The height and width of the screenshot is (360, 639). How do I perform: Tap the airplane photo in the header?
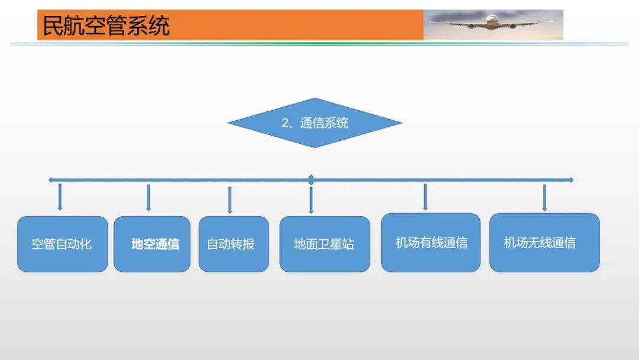[x=493, y=25]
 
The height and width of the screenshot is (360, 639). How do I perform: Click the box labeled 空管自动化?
[x=62, y=244]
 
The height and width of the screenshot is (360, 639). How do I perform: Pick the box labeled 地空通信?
[x=152, y=244]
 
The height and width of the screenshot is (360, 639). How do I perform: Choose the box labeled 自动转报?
[x=233, y=244]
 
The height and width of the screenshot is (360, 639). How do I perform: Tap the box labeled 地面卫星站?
[x=324, y=244]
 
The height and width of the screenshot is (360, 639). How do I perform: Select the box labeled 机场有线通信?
[x=431, y=243]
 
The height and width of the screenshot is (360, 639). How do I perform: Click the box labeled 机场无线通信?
[x=544, y=243]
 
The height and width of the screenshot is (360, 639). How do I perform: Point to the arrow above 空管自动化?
[x=60, y=197]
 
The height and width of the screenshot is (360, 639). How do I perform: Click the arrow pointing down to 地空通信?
[x=149, y=198]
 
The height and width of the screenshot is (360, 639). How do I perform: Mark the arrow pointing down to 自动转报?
[x=230, y=200]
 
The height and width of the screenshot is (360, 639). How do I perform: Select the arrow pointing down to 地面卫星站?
[x=311, y=199]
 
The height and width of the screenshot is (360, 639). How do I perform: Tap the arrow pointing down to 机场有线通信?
[x=425, y=197]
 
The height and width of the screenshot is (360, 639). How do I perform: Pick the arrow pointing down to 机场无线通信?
[x=544, y=197]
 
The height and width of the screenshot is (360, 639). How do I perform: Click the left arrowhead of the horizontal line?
[x=51, y=179]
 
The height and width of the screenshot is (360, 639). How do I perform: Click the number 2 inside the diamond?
[x=285, y=123]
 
